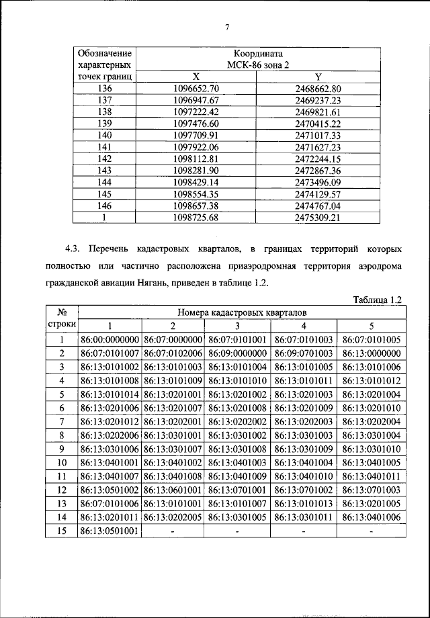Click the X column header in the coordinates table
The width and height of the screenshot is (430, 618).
coord(196,77)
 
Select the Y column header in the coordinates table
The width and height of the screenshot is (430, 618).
coord(318,77)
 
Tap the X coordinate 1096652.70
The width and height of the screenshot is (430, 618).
coord(196,89)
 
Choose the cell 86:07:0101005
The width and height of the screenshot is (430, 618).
coord(371,340)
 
